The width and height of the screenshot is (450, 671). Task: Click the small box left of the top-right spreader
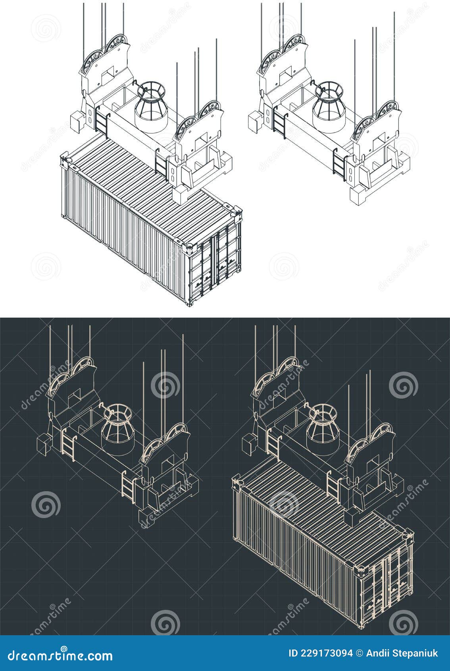(x=254, y=121)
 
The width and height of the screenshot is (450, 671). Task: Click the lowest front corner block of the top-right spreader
(x=359, y=195)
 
